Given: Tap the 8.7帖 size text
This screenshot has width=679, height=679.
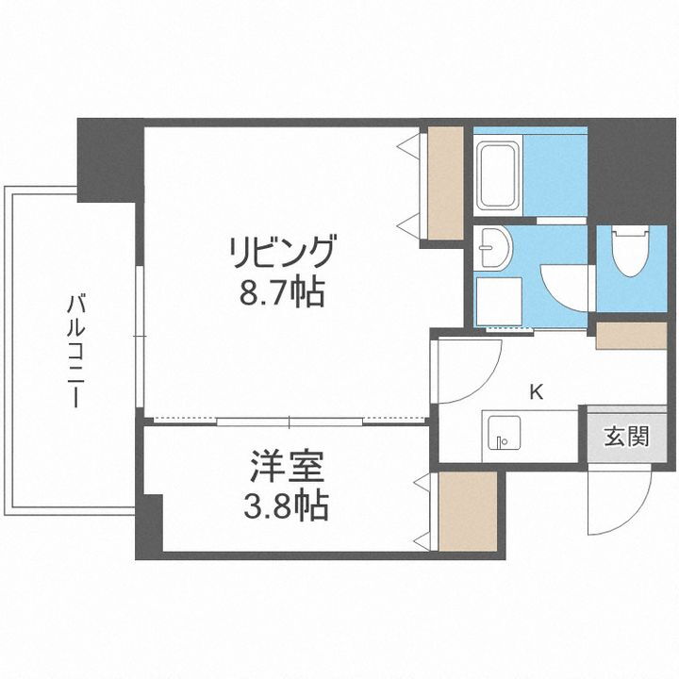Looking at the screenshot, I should [x=280, y=292].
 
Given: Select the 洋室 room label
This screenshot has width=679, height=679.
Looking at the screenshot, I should [x=287, y=468].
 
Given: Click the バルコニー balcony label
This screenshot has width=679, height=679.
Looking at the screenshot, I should [x=75, y=349].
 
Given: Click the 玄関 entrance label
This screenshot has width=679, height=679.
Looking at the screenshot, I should [x=626, y=436].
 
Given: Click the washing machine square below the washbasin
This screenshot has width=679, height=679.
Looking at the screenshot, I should [x=494, y=300].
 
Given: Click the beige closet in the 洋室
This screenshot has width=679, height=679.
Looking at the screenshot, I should [x=467, y=509].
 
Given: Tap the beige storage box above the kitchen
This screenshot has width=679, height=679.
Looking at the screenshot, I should [x=631, y=336].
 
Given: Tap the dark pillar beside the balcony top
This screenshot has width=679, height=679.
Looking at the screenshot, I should [x=109, y=160].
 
